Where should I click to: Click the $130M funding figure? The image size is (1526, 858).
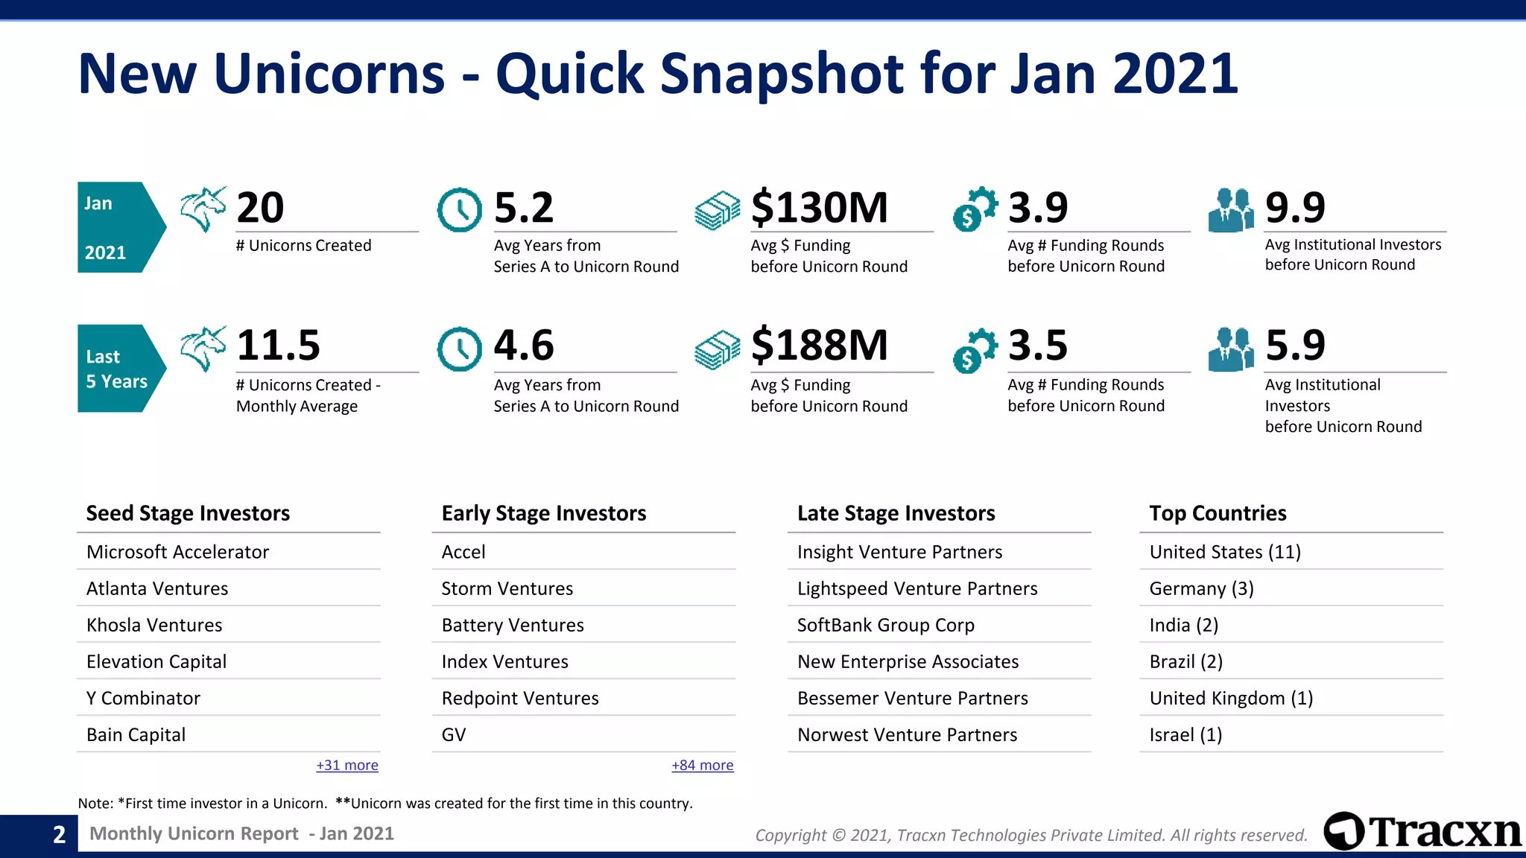819,207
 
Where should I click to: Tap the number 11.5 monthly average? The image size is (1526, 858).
278,346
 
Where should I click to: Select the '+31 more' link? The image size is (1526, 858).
347,765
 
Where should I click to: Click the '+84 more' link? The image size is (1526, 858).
703,765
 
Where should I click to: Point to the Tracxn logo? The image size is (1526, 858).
1422,831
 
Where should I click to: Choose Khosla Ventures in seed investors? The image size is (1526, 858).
154,625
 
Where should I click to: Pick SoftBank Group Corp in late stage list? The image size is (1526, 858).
885,625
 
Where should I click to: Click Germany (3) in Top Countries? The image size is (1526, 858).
1201,588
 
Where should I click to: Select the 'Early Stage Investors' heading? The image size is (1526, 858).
543,513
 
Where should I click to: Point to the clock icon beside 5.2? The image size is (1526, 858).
459,210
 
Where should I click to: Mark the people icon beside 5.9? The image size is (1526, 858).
1231,349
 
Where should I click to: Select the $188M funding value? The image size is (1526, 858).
819,346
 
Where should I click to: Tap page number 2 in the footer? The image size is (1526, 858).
59,834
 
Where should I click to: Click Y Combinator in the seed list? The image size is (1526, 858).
143,698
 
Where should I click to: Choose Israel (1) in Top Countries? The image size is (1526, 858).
1185,734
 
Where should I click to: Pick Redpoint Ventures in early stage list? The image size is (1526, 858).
520,698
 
